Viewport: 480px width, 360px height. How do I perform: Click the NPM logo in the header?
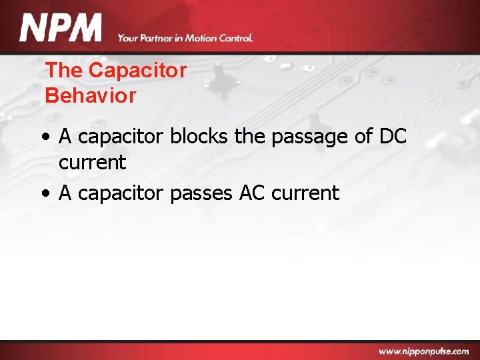[x=61, y=29]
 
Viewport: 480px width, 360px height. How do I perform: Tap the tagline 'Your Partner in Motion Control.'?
[x=185, y=38]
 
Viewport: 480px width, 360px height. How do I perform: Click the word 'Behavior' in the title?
[x=91, y=95]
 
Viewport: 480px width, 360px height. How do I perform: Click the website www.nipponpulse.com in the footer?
[x=423, y=351]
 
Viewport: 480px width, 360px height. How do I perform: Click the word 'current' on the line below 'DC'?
[x=92, y=162]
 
